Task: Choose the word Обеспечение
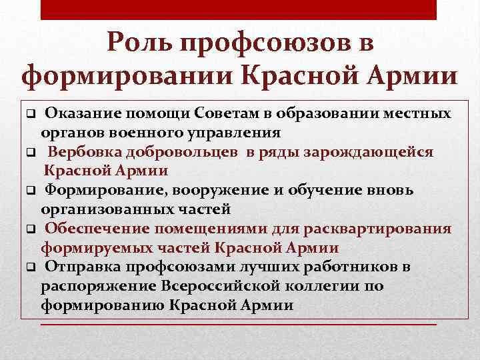[96, 229]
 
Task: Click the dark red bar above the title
[239, 9]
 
